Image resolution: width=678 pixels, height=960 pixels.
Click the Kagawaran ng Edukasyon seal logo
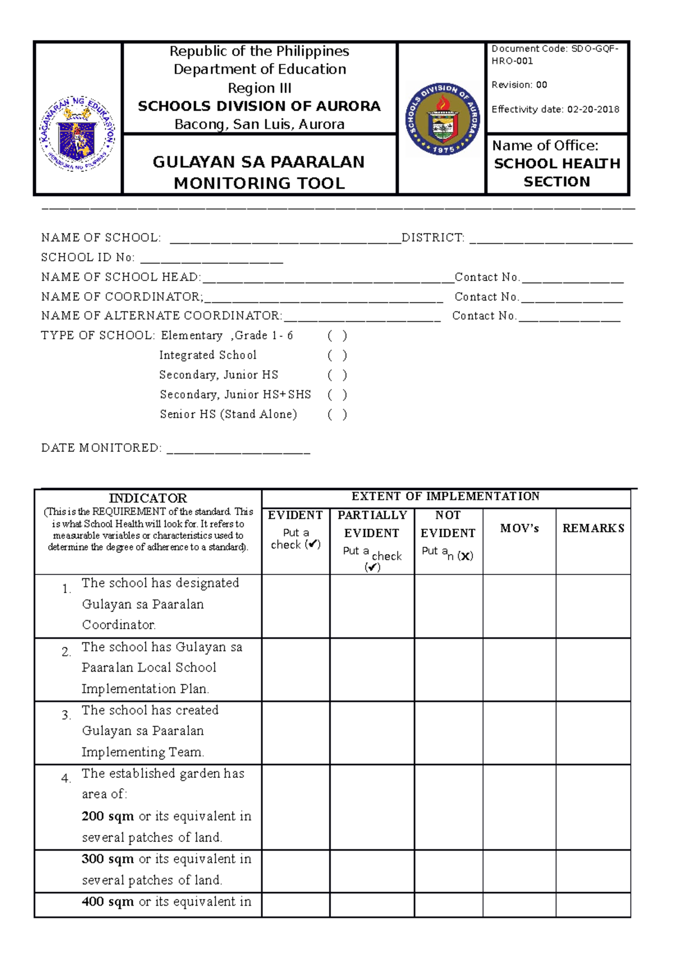[77, 134]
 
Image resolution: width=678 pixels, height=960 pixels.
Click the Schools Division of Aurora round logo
[444, 119]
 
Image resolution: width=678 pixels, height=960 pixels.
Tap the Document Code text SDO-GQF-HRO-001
[555, 55]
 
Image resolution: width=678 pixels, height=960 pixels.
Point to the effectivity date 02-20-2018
[593, 110]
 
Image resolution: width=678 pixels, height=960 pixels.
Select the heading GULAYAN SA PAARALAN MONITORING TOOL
[259, 172]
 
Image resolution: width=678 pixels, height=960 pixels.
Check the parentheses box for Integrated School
[337, 356]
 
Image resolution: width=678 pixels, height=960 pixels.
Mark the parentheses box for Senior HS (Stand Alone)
[337, 414]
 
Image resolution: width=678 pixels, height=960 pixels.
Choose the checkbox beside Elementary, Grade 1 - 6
[337, 336]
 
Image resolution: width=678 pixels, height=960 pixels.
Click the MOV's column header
[519, 529]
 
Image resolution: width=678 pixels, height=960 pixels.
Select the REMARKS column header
[593, 529]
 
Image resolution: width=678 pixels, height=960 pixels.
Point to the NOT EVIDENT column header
[448, 524]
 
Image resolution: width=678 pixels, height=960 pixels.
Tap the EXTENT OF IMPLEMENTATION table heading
[445, 496]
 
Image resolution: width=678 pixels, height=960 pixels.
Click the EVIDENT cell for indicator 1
[295, 606]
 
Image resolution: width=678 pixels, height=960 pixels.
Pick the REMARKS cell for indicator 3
[593, 733]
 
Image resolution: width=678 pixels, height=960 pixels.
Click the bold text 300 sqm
[107, 859]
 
